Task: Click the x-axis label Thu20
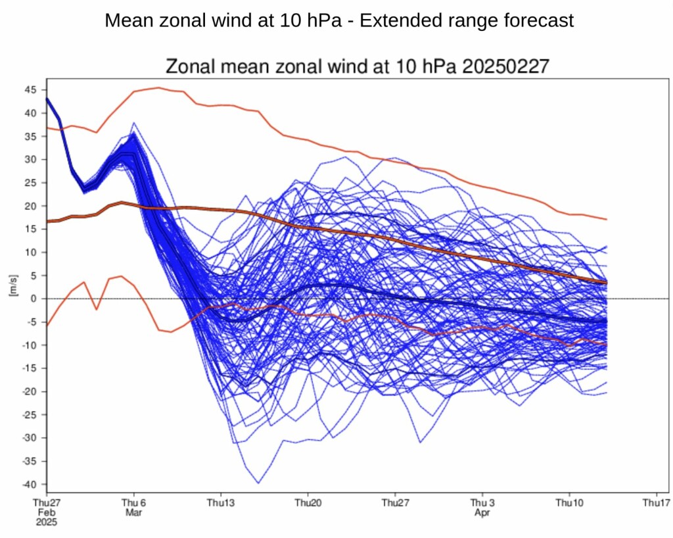[x=308, y=503]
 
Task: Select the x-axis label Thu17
[x=656, y=503]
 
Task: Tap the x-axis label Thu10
[x=569, y=503]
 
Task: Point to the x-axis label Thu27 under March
[x=394, y=503]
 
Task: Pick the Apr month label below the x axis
[x=482, y=512]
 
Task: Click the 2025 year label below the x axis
[x=47, y=522]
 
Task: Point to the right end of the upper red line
[x=606, y=219]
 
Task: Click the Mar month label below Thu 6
[x=133, y=512]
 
